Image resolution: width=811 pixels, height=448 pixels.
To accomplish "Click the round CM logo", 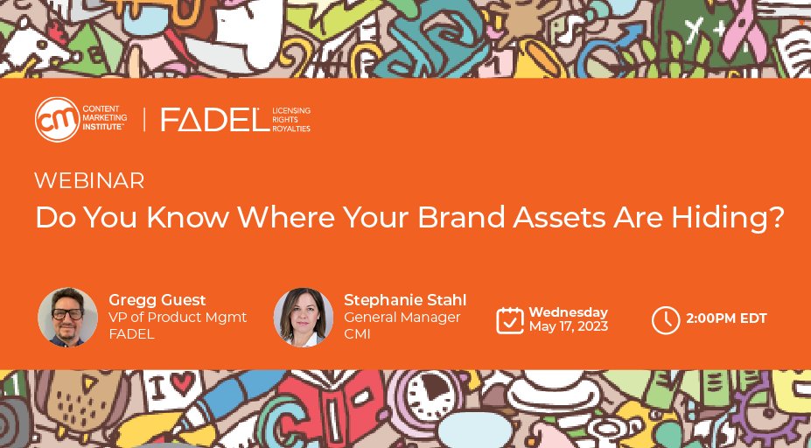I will coord(57,120).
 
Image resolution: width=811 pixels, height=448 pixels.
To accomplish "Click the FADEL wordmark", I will coord(214,121).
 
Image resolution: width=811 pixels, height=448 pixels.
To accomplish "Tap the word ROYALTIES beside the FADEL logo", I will coord(291,129).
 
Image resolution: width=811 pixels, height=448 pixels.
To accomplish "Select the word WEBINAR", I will coord(89,181).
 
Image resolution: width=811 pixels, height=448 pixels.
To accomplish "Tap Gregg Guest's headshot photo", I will coord(67,317).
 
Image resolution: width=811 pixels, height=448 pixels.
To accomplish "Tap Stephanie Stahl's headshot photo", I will coord(303,317).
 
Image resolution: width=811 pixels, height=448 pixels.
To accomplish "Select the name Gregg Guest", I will coord(157,300).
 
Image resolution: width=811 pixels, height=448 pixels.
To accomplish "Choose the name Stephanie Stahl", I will coord(405,300).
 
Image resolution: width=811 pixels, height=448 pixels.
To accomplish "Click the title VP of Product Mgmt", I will coord(178,317).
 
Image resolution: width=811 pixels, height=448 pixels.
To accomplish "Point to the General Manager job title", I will coord(402,317).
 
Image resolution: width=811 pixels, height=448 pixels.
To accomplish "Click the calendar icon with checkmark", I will coord(509,320).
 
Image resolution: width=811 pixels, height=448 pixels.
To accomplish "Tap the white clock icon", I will coord(666,320).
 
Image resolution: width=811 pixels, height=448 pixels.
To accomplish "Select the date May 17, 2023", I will coord(568,327).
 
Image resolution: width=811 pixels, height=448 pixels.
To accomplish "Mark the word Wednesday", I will coord(568,312).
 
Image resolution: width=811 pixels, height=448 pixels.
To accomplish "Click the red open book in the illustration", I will coord(351,411).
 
